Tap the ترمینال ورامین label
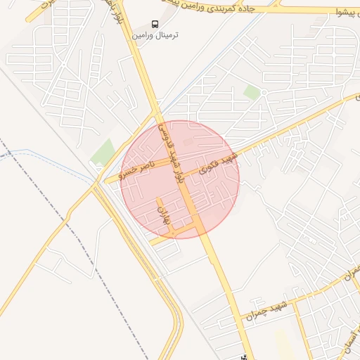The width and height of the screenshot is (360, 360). (x=155, y=34)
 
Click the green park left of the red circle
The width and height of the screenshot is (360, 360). (x=104, y=152)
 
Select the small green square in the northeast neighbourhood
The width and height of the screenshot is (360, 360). (x=252, y=92)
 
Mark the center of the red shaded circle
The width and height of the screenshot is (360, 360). (x=181, y=179)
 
